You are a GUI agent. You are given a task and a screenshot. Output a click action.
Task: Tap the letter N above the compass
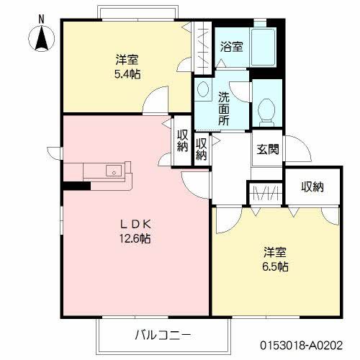tap(41, 16)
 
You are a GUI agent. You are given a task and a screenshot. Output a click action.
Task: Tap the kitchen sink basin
tap(114, 171)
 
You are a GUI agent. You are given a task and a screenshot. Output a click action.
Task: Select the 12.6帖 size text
tap(135, 238)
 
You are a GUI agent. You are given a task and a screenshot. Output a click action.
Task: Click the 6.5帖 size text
tap(275, 266)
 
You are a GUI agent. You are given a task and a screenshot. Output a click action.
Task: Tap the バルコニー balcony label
tap(163, 335)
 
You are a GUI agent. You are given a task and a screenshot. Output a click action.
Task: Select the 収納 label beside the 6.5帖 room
tap(312, 187)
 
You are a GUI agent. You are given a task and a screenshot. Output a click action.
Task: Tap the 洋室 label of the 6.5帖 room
tap(274, 252)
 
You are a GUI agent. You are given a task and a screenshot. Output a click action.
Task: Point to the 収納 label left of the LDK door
tap(182, 141)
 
